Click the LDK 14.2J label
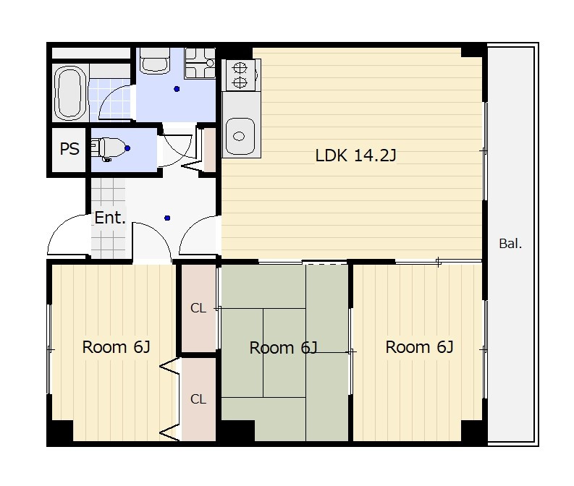tap(355, 155)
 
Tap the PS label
tap(69, 149)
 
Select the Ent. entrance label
tap(110, 218)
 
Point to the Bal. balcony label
tap(510, 244)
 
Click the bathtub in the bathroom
tap(70, 93)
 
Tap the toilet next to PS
tap(108, 148)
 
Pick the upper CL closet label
tap(198, 308)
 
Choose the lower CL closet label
tap(198, 399)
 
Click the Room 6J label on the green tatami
tap(283, 348)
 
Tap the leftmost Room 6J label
tap(116, 347)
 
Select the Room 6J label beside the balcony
tap(419, 347)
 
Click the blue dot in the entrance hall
tap(167, 218)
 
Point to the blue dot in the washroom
tap(177, 89)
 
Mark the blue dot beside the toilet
tap(127, 148)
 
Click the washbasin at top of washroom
tap(155, 61)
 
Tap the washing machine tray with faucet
tap(200, 63)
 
